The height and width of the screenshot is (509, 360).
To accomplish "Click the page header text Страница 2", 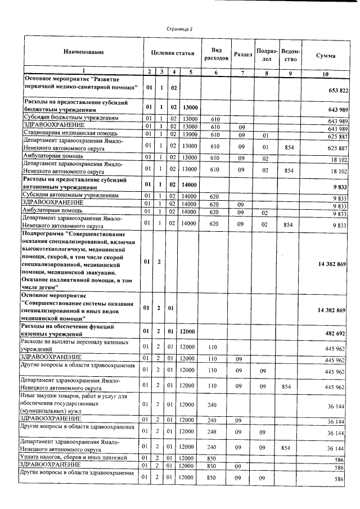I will point(180,29).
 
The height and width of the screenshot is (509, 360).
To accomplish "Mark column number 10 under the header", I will point(326,74).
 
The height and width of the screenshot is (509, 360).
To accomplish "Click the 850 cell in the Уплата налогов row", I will point(213,458).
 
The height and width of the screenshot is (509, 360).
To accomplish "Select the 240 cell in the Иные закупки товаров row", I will point(213,404).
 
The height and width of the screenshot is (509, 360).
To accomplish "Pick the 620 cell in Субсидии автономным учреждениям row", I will point(213,196).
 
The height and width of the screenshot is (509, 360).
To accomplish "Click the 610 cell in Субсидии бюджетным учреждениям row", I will point(214,119).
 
